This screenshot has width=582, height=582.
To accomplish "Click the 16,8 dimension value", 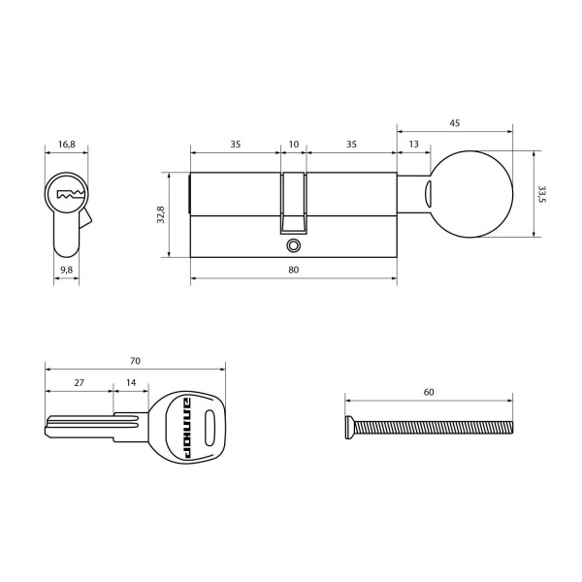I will tap(66, 144).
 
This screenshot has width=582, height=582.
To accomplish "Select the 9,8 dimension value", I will tap(66, 269).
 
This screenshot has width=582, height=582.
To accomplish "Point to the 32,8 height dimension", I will tap(162, 215).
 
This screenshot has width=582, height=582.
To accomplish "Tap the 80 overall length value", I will tap(293, 270).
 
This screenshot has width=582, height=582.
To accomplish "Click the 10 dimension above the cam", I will tap(294, 144).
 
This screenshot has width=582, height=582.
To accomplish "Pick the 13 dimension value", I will tap(414, 144).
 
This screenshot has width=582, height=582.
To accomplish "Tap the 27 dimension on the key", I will tap(79, 383).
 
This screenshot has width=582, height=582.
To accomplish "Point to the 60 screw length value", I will tap(429, 392).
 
